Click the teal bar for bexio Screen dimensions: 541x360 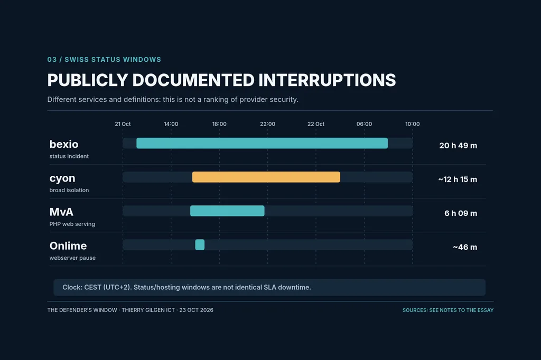pyautogui.click(x=262, y=143)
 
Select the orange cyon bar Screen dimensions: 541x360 pyautogui.click(x=266, y=177)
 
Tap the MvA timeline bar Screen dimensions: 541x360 pyautogui.click(x=227, y=211)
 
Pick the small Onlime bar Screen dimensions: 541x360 pyautogui.click(x=200, y=244)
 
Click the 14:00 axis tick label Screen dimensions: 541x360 pyautogui.click(x=171, y=124)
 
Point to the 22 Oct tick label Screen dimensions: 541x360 pyautogui.click(x=316, y=124)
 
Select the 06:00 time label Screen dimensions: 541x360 pyautogui.click(x=364, y=124)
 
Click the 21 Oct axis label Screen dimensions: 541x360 pyautogui.click(x=123, y=124)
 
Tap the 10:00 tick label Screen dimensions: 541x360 pyautogui.click(x=412, y=124)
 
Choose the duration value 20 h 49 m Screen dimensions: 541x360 pyautogui.click(x=458, y=146)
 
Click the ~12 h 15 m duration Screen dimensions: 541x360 pyautogui.click(x=458, y=179)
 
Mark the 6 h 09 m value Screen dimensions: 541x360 pyautogui.click(x=461, y=213)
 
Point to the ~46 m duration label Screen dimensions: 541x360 pyautogui.click(x=465, y=247)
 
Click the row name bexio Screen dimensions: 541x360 pyautogui.click(x=64, y=144)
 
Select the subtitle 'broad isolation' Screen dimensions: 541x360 pyautogui.click(x=69, y=190)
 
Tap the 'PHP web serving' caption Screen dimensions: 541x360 pyautogui.click(x=72, y=224)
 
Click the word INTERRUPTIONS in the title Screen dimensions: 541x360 pyautogui.click(x=327, y=80)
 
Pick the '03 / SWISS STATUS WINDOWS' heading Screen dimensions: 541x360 pyautogui.click(x=104, y=59)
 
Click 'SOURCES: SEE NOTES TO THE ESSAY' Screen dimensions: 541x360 pyautogui.click(x=448, y=310)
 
